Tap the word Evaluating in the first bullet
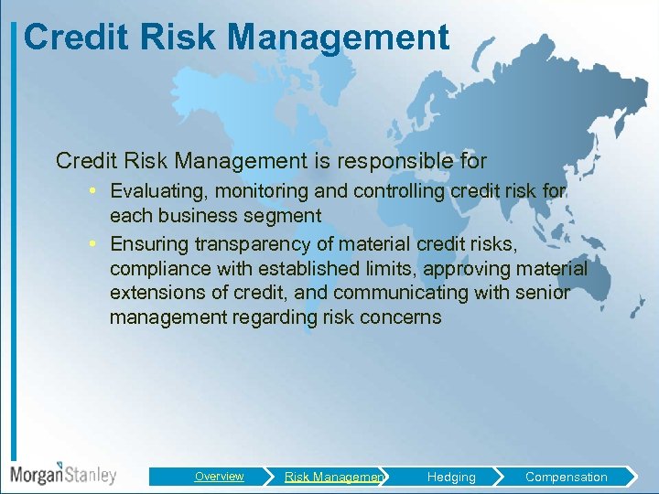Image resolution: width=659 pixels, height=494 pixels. coord(158,191)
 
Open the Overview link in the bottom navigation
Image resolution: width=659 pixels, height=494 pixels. coord(219,477)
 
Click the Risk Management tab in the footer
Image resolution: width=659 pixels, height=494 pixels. coord(334,477)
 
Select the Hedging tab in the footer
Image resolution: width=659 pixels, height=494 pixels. coord(451,477)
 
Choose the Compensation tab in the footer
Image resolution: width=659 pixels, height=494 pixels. coord(566,477)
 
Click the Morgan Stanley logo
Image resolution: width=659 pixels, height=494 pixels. coord(62,474)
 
